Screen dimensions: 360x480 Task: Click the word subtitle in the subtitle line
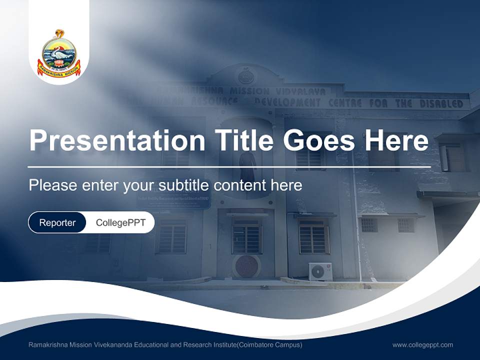point(183,185)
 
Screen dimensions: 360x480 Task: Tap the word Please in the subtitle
point(52,185)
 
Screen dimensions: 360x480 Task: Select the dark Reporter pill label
point(57,222)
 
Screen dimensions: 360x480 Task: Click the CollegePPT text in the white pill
point(120,222)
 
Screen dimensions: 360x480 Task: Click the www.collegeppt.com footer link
point(422,345)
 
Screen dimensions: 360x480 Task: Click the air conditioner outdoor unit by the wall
point(320,271)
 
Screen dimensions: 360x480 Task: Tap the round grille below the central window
point(246,266)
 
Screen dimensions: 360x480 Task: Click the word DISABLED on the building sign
point(441,104)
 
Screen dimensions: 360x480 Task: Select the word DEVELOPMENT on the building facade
point(287,102)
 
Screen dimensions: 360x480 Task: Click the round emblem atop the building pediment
point(245,76)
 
